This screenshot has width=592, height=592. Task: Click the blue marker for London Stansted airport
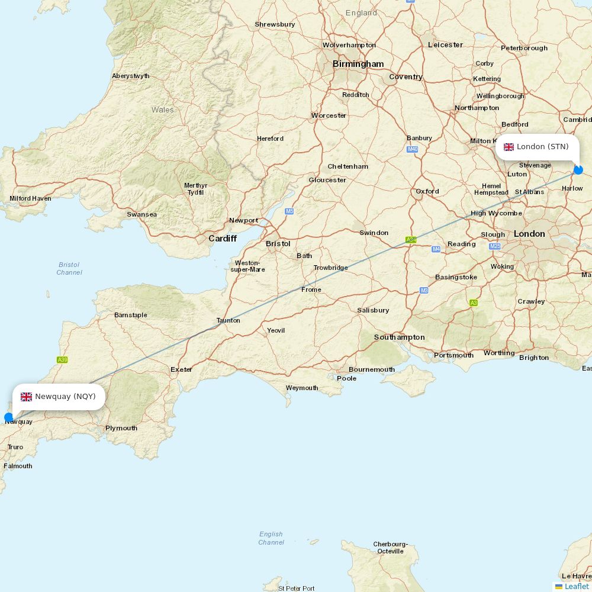pyautogui.click(x=578, y=170)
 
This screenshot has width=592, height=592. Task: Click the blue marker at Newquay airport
pyautogui.click(x=9, y=417)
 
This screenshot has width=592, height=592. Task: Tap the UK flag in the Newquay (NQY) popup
pyautogui.click(x=26, y=397)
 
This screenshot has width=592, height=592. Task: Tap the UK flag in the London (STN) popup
pyautogui.click(x=509, y=147)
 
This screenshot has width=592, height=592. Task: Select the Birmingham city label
pyautogui.click(x=358, y=64)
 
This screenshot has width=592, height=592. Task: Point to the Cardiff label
pyautogui.click(x=222, y=239)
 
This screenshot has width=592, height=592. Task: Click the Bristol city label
pyautogui.click(x=278, y=243)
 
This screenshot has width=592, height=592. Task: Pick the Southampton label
pyautogui.click(x=399, y=337)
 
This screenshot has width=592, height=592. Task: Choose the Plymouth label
pyautogui.click(x=121, y=428)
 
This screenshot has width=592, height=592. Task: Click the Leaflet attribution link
pyautogui.click(x=576, y=586)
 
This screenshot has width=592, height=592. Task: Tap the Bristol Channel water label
pyautogui.click(x=69, y=268)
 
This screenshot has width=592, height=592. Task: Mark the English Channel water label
pyautogui.click(x=271, y=538)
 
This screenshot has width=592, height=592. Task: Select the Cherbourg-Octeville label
pyautogui.click(x=390, y=548)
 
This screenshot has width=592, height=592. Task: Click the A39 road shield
pyautogui.click(x=62, y=359)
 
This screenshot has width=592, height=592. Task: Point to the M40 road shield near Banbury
pyautogui.click(x=413, y=149)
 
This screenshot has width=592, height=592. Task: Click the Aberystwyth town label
pyautogui.click(x=131, y=76)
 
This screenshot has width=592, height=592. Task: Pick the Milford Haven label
pyautogui.click(x=30, y=198)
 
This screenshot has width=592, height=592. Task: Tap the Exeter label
pyautogui.click(x=181, y=369)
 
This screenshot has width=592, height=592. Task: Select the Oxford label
pyautogui.click(x=427, y=191)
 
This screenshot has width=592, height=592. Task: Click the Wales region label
pyautogui.click(x=162, y=110)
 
